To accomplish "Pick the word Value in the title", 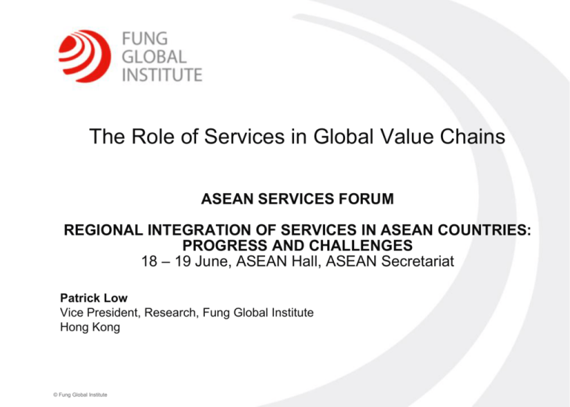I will click(388, 139).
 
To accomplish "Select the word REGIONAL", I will click(102, 232).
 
